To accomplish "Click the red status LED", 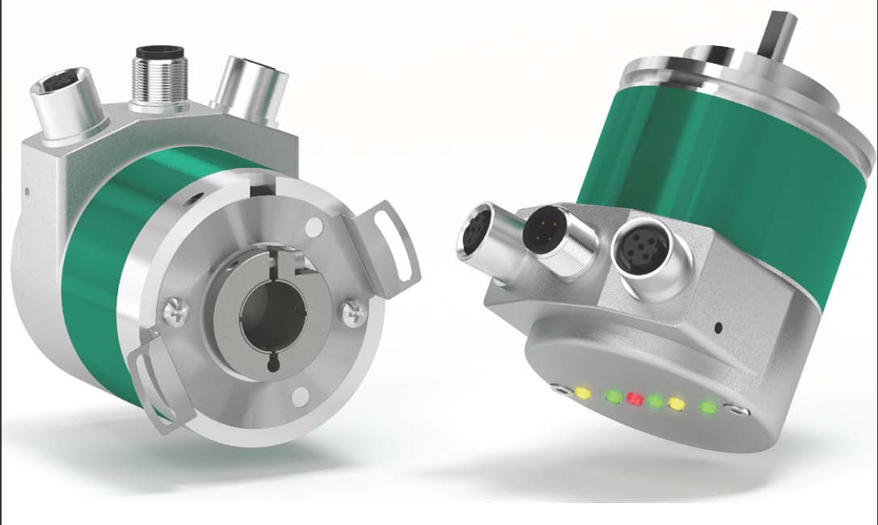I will (x=635, y=400).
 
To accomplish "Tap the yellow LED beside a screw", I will (x=582, y=394).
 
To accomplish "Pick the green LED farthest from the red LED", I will (x=709, y=407).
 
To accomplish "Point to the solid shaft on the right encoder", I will (x=777, y=36).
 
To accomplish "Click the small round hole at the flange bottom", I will (x=301, y=395).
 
